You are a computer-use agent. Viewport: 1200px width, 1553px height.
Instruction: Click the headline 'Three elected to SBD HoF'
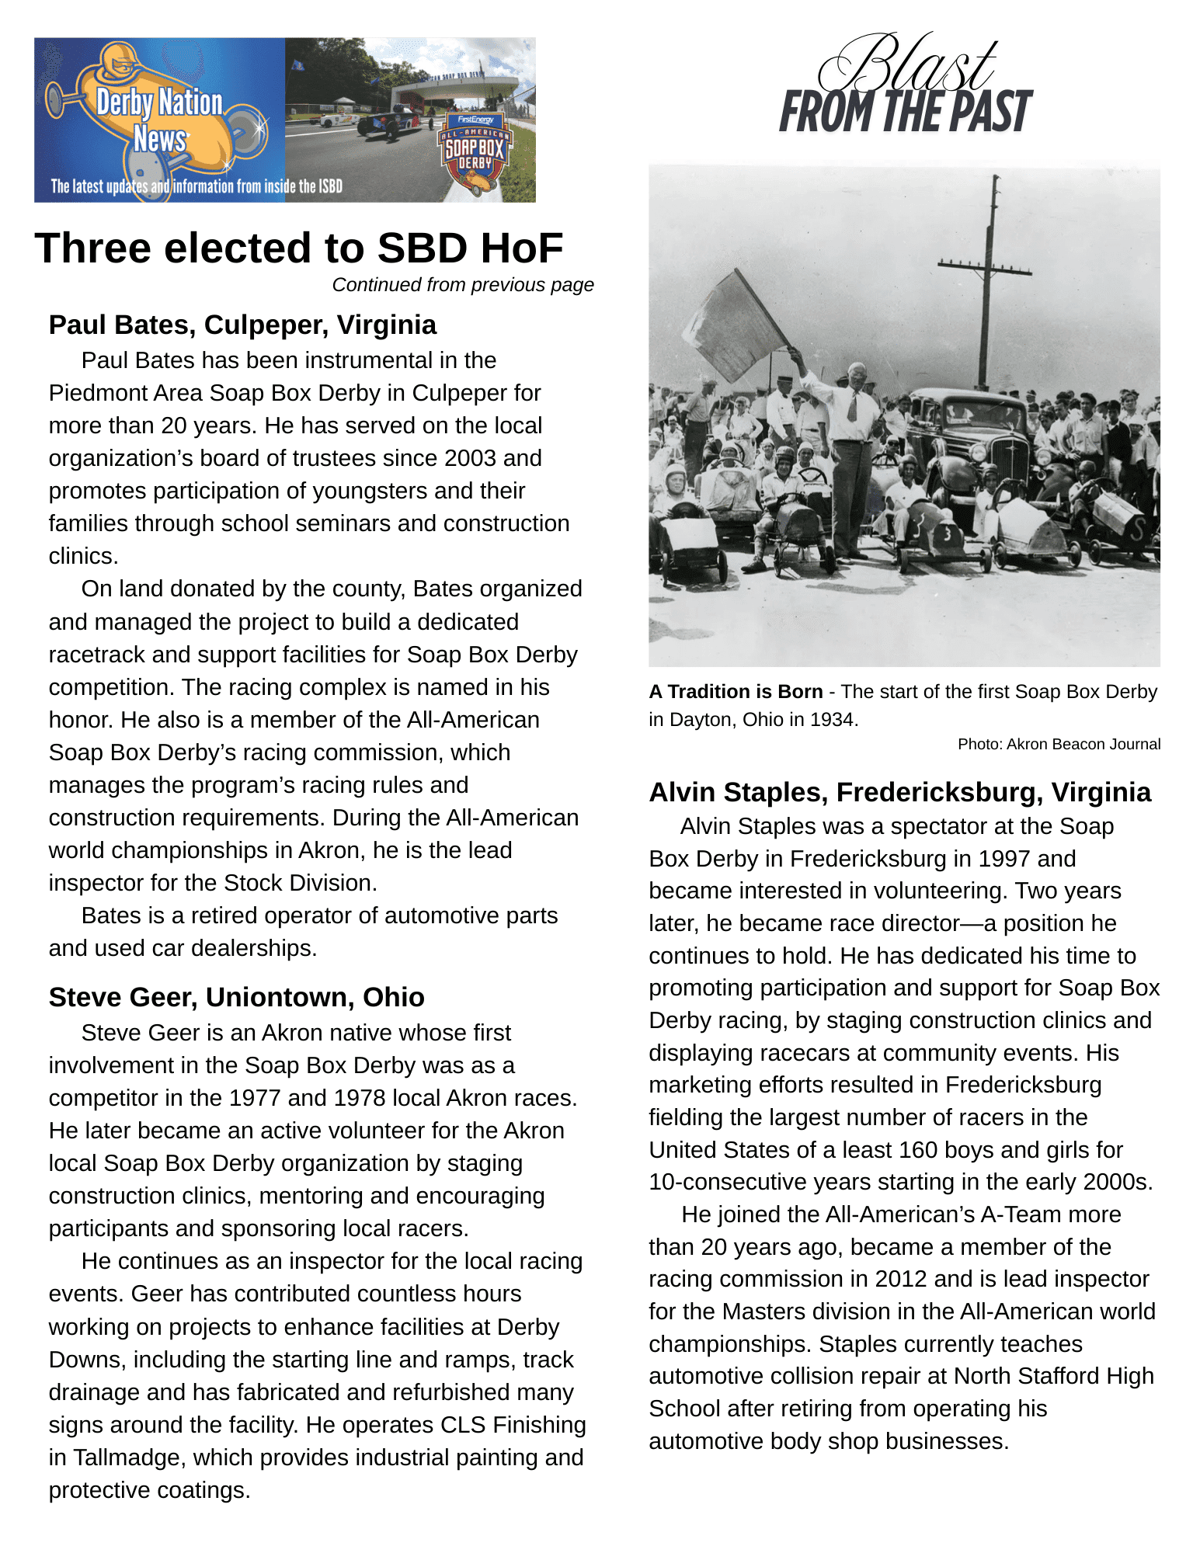pyautogui.click(x=298, y=248)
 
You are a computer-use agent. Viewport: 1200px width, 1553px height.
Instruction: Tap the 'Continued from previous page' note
pyautogui.click(x=463, y=285)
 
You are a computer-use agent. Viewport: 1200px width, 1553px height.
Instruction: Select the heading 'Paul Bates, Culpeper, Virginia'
pyautogui.click(x=242, y=325)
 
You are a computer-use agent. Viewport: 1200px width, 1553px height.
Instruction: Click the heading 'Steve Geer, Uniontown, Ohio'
pyautogui.click(x=236, y=997)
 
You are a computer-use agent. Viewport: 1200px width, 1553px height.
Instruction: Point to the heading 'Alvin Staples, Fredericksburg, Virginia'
pyautogui.click(x=899, y=792)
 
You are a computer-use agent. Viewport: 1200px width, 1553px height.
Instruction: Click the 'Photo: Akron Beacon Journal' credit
pyautogui.click(x=1059, y=744)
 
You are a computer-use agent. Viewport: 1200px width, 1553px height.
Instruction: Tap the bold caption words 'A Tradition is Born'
pyautogui.click(x=735, y=691)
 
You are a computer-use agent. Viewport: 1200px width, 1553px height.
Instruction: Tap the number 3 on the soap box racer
pyautogui.click(x=947, y=533)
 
